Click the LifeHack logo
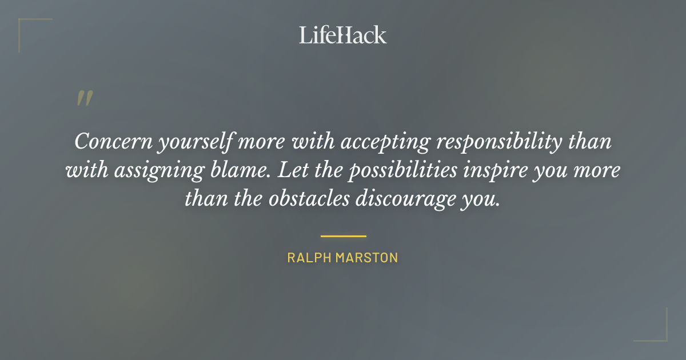point(342,35)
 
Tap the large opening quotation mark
point(84,99)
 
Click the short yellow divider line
point(343,235)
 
